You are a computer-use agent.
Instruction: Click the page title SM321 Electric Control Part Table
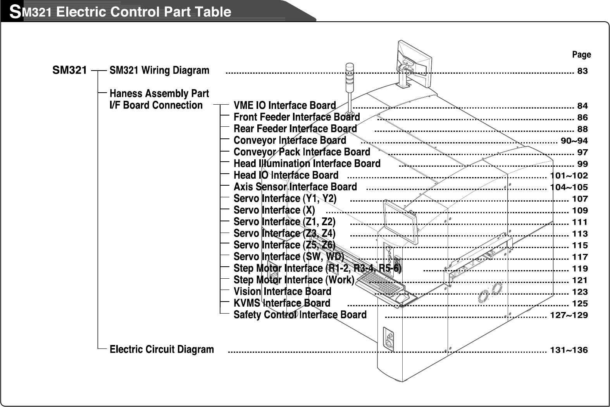[120, 12]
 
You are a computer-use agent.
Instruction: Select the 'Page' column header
[581, 55]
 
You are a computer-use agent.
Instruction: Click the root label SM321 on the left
[69, 71]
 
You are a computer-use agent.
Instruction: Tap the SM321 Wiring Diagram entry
[159, 71]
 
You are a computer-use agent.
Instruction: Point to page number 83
[582, 71]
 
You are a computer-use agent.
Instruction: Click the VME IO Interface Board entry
[284, 105]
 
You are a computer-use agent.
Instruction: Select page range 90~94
[574, 141]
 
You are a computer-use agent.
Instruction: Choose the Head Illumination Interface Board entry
[307, 164]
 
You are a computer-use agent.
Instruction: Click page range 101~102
[569, 176]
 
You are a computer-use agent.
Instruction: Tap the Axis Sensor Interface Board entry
[295, 187]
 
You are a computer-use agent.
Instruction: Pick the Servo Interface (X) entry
[274, 210]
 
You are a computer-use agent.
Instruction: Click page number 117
[580, 257]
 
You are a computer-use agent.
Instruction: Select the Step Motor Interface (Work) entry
[294, 280]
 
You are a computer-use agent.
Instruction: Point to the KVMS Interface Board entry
[282, 303]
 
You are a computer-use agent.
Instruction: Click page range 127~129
[569, 315]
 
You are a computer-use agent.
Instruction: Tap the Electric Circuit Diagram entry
[162, 350]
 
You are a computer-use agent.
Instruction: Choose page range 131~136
[569, 350]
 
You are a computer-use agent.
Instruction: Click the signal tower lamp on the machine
[349, 74]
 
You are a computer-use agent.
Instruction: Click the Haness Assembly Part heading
[159, 94]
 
